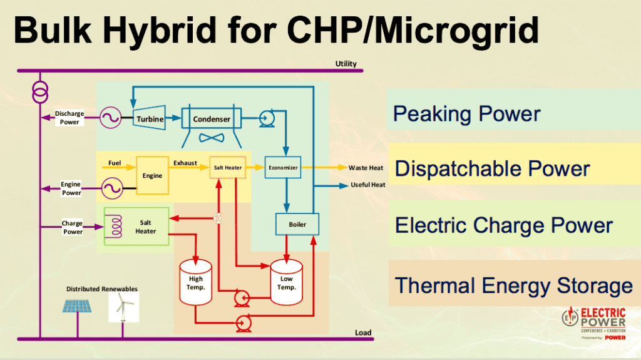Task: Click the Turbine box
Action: [150, 119]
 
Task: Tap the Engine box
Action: [152, 175]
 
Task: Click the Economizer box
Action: [283, 167]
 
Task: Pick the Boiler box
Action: [297, 224]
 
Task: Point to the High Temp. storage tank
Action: [195, 282]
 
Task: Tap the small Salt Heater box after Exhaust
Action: [227, 168]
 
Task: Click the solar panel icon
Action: [78, 306]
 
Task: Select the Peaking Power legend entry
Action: [466, 114]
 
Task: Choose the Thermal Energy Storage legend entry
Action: [513, 285]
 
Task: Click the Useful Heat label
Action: [367, 185]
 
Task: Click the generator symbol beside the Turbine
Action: [112, 117]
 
